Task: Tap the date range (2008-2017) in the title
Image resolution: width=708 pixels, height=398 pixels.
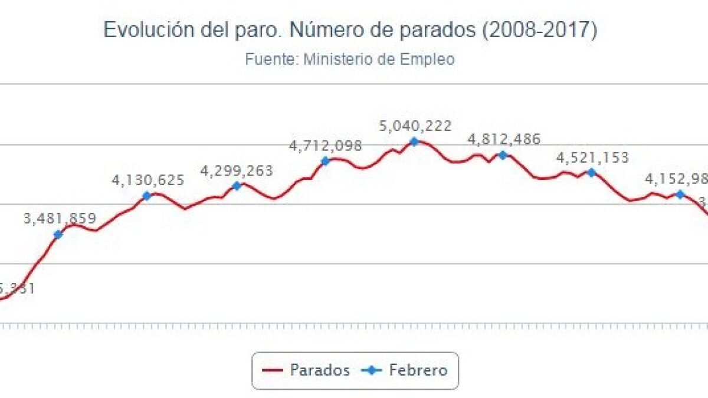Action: pos(539,30)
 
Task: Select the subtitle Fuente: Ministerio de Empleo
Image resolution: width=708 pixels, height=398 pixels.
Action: pos(349,60)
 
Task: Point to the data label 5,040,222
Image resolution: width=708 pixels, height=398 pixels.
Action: pos(416,126)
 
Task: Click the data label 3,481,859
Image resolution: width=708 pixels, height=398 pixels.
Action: pos(59,219)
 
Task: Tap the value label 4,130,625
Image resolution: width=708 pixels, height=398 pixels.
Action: pos(148,180)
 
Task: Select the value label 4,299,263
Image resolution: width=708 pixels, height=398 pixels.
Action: pos(237,171)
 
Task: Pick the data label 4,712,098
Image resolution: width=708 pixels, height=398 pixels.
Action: pos(325,146)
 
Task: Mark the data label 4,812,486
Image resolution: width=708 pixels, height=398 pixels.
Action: pos(504,140)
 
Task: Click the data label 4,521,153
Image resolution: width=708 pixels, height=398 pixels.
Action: pos(592,157)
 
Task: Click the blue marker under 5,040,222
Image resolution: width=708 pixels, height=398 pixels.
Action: pos(414,142)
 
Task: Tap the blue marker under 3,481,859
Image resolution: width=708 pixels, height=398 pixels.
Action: pos(58,235)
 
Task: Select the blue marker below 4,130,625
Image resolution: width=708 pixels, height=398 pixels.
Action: pos(147,196)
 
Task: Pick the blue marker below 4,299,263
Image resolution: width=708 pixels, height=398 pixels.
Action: pos(237,186)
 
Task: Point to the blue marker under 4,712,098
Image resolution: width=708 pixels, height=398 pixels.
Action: pos(325,161)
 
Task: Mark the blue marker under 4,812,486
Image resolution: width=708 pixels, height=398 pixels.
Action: pos(503,155)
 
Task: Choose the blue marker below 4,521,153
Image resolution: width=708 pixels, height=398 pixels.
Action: pos(591,173)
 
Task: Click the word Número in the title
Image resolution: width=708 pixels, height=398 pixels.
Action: pos(324,30)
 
